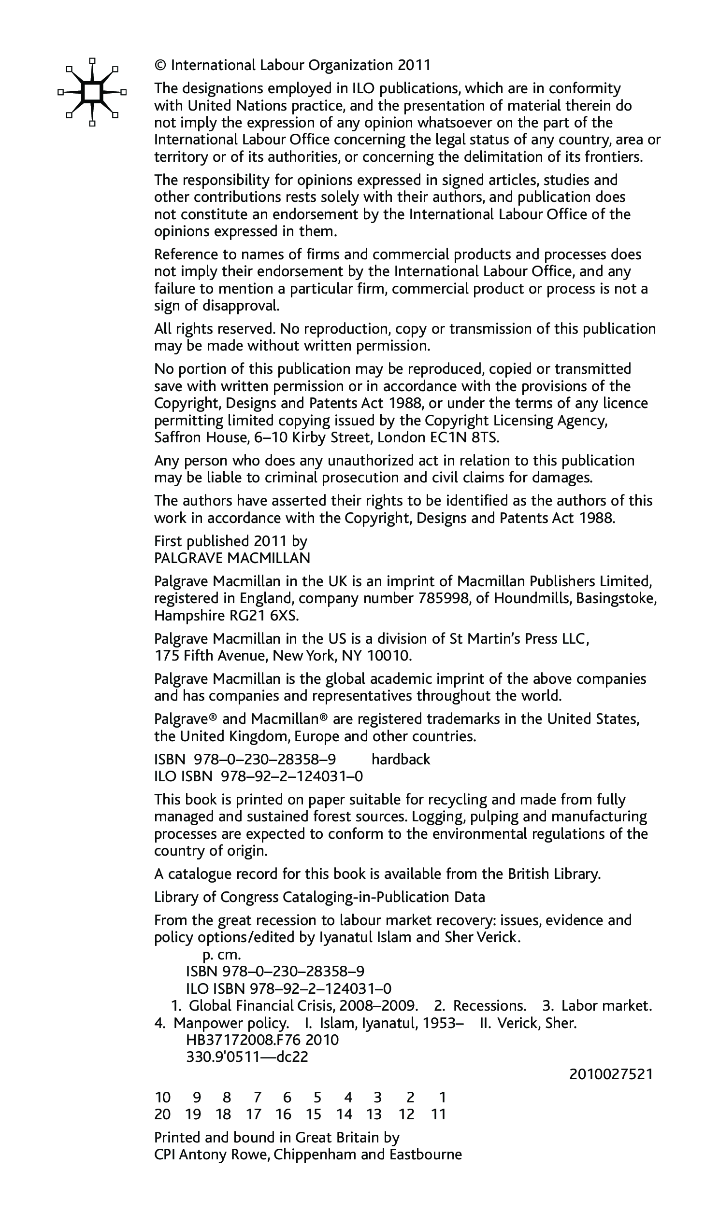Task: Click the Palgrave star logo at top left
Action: (x=92, y=92)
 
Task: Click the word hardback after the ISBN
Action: (x=401, y=760)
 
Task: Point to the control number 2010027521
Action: (x=610, y=1074)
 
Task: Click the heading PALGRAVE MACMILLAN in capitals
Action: (x=232, y=558)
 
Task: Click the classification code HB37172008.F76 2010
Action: (x=262, y=1040)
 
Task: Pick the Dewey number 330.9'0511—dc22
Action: (x=247, y=1057)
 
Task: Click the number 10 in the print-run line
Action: (x=162, y=1097)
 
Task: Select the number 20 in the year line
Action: (x=162, y=1114)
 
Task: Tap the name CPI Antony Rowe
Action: (x=212, y=1155)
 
